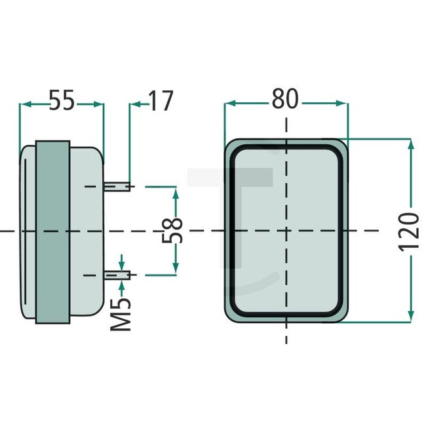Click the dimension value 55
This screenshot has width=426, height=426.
[62, 102]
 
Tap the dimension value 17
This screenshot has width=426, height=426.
[160, 102]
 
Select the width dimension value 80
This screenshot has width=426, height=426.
[286, 100]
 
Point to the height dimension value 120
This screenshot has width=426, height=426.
[410, 231]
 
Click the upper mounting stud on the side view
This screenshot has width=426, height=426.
[118, 187]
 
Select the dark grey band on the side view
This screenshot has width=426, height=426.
[53, 231]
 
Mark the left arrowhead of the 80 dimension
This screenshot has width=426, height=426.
[229, 103]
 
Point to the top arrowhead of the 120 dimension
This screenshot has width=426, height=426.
[411, 145]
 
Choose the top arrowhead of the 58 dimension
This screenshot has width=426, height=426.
[175, 192]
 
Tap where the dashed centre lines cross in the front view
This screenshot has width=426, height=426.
[286, 231]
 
